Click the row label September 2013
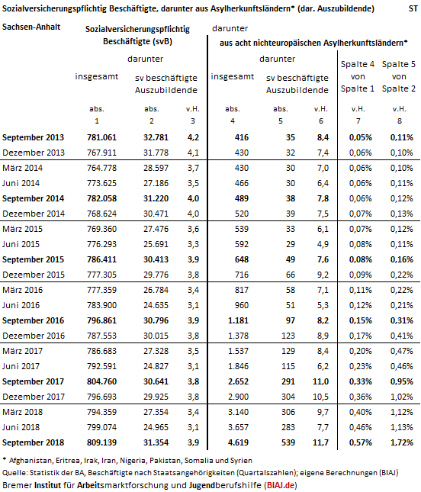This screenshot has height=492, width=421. pyautogui.click(x=33, y=137)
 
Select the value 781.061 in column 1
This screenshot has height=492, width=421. pyautogui.click(x=101, y=137)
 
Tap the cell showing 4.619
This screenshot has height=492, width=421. pyautogui.click(x=238, y=442)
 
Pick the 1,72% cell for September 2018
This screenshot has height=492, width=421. pyautogui.click(x=401, y=442)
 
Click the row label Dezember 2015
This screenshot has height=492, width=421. pyautogui.click(x=34, y=275)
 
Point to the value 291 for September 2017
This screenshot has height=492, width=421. pyautogui.click(x=288, y=381)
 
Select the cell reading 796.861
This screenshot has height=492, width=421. pyautogui.click(x=101, y=320)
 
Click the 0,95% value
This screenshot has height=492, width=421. pyautogui.click(x=401, y=381)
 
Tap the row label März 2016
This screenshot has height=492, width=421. pyautogui.click(x=22, y=290)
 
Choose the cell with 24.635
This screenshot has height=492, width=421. pyautogui.click(x=156, y=305)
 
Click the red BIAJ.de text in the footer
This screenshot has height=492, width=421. pyautogui.click(x=281, y=485)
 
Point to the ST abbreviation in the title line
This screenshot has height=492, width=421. pyautogui.click(x=413, y=8)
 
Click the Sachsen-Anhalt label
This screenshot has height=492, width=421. pyautogui.click(x=31, y=27)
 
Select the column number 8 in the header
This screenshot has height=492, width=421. pyautogui.click(x=400, y=121)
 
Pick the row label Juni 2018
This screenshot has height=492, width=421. pyautogui.click(x=21, y=427)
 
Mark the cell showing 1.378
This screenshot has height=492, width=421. pyautogui.click(x=238, y=336)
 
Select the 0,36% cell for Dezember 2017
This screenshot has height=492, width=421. pyautogui.click(x=361, y=397)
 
